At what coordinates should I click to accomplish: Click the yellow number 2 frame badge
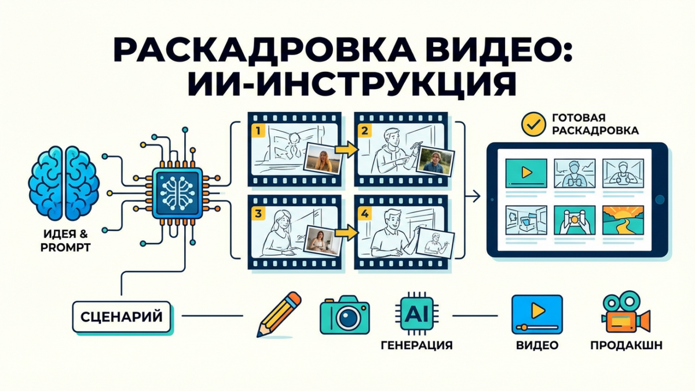364,130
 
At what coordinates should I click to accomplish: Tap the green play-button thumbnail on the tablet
525,171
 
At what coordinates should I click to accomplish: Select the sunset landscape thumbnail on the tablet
623,221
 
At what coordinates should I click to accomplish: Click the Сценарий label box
122,317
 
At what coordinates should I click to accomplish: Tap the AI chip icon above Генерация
417,314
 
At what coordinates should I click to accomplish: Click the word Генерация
417,346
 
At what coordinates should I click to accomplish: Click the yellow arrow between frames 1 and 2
346,150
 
